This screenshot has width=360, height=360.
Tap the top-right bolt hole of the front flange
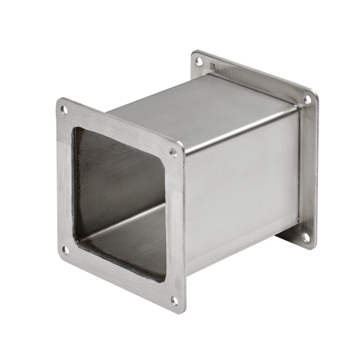click(x=173, y=153)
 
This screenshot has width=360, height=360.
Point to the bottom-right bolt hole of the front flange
click(x=174, y=299)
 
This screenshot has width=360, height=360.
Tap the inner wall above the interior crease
click(x=117, y=175)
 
